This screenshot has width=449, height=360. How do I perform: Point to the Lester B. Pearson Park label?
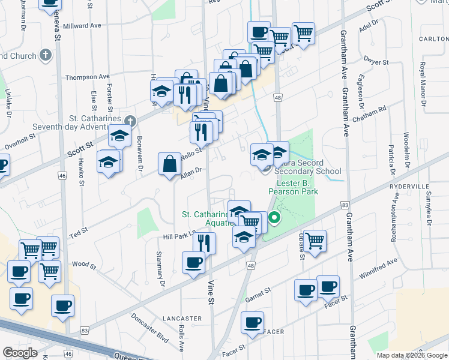tap(297, 187)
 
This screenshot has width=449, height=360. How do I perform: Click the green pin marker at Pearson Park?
tap(275, 218)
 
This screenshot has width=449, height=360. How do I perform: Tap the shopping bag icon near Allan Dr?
tap(169, 163)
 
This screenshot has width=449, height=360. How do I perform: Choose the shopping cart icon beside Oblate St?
tap(315, 240)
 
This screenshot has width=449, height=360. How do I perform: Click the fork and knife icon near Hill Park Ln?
tap(204, 242)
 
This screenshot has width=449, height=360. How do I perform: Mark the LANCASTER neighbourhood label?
tap(182, 318)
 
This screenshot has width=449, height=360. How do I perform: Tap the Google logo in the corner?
tap(20, 353)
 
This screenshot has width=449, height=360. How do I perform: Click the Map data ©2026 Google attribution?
tap(412, 356)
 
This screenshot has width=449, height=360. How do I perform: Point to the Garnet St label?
tap(258, 292)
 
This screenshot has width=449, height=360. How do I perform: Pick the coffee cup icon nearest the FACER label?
tap(252, 322)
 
